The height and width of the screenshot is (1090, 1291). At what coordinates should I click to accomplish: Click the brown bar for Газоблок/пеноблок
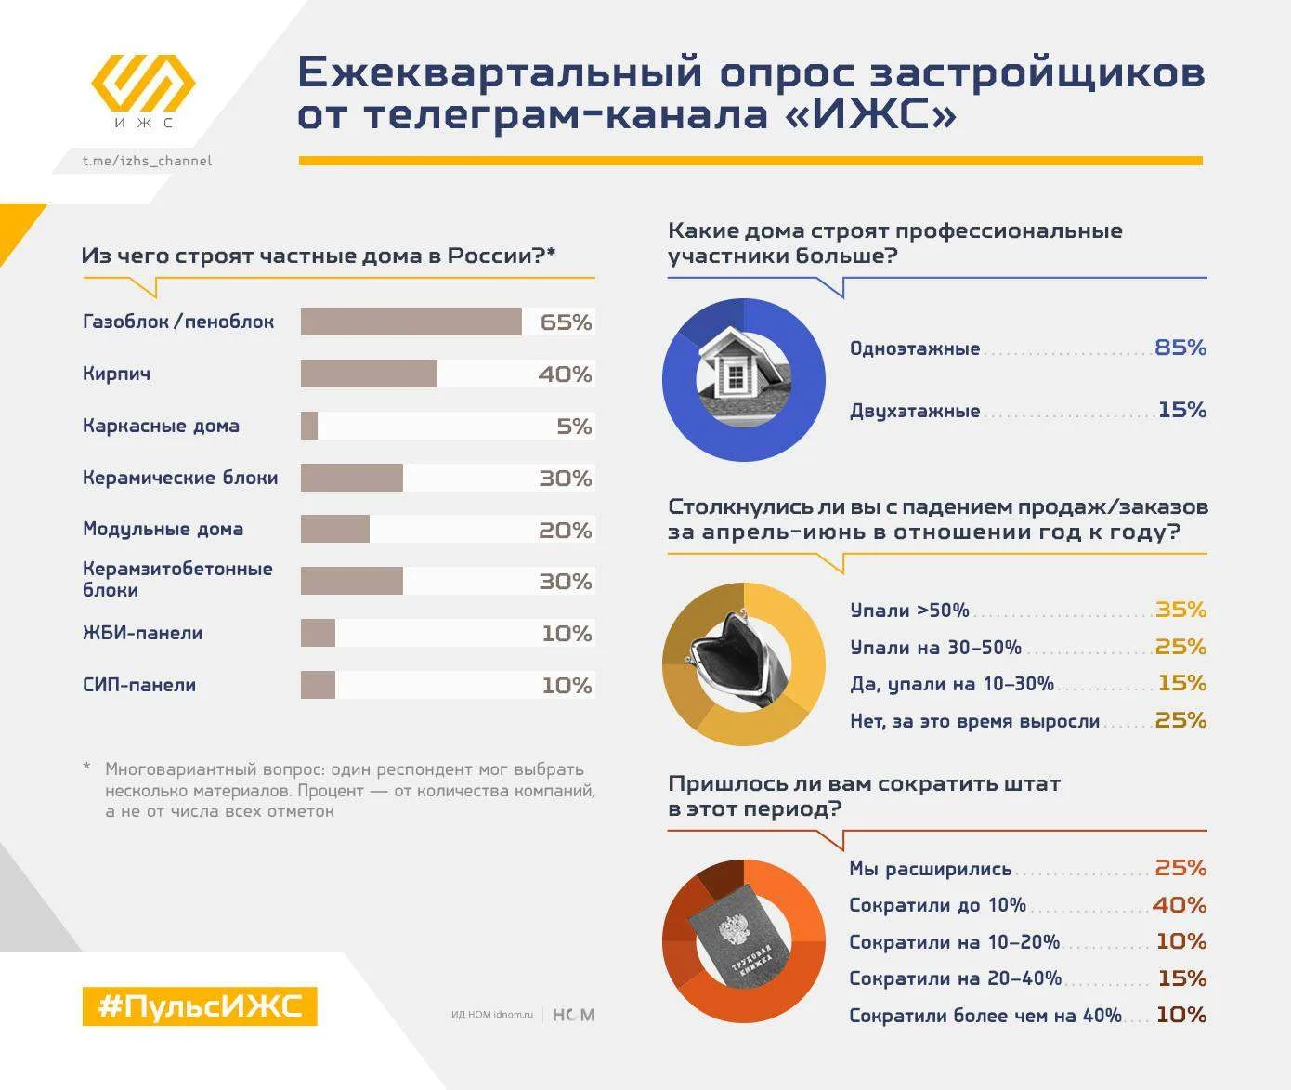(411, 322)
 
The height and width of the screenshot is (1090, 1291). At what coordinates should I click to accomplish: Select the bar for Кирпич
(369, 374)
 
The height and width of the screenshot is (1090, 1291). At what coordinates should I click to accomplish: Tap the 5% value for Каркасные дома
(574, 427)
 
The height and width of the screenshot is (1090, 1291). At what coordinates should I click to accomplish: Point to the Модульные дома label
(163, 531)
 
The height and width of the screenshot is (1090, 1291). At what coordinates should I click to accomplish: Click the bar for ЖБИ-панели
(318, 633)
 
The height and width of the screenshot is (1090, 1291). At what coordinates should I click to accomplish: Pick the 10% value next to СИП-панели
(567, 686)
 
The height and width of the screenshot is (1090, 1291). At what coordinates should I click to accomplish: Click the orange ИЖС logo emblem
(143, 84)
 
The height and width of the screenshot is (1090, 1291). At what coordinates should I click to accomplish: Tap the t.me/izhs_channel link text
(147, 161)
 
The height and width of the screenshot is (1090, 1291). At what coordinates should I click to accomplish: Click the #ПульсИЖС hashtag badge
(200, 1006)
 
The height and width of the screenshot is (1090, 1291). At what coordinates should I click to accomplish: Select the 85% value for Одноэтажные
(1180, 348)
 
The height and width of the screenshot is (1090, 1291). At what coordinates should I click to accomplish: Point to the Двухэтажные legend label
(915, 411)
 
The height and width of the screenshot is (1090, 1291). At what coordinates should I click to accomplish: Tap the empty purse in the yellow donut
(740, 661)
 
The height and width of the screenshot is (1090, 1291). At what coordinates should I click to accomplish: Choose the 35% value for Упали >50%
(1181, 610)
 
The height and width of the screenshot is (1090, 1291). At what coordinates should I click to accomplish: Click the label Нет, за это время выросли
(975, 721)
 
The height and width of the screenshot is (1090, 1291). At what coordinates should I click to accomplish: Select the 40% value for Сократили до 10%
(1180, 905)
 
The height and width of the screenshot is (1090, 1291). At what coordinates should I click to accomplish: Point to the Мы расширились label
(931, 869)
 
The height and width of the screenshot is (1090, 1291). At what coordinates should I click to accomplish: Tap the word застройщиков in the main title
(1037, 73)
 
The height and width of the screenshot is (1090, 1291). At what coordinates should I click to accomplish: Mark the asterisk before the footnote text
(86, 767)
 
